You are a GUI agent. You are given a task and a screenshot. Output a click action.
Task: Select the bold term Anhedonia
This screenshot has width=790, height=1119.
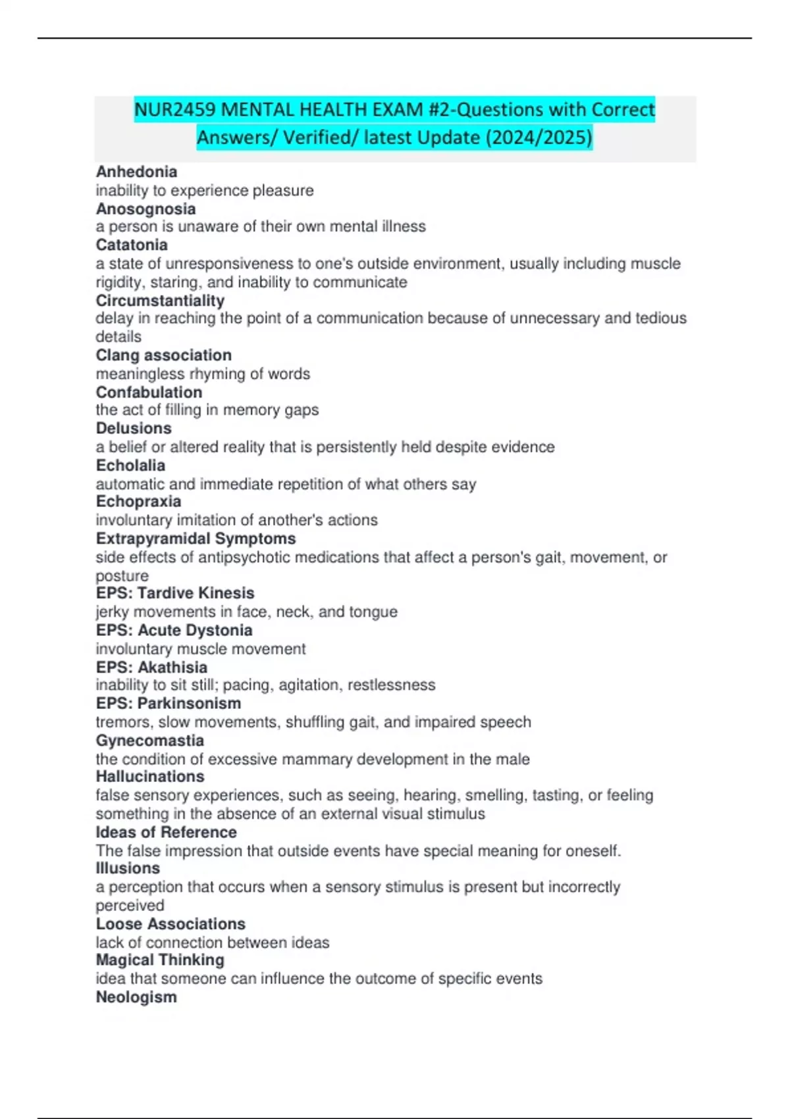click(136, 172)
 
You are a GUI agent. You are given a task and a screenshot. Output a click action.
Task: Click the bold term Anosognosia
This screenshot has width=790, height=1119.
click(145, 209)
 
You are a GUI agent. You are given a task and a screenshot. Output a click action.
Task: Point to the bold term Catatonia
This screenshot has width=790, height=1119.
click(132, 245)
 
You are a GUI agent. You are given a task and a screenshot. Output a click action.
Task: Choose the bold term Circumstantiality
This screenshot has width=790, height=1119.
click(160, 301)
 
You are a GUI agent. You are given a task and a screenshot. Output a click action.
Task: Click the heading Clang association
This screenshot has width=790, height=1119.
click(163, 355)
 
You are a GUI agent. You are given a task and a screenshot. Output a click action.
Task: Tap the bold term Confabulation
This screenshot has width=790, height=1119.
click(149, 392)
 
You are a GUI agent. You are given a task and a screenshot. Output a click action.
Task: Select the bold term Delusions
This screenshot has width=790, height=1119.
click(134, 429)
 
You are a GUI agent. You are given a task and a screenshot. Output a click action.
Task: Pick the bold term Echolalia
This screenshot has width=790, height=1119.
click(130, 465)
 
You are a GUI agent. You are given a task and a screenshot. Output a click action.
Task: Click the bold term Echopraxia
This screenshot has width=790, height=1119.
click(138, 502)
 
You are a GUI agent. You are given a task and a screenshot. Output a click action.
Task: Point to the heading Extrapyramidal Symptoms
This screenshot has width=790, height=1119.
click(196, 538)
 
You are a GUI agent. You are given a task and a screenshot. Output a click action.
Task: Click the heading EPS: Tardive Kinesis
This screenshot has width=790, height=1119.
click(175, 593)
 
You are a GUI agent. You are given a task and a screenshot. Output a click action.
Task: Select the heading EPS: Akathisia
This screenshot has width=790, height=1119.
click(151, 667)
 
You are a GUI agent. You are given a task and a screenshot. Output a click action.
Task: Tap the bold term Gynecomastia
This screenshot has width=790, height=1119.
click(149, 741)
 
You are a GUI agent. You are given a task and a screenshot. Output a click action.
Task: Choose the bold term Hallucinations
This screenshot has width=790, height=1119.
click(150, 777)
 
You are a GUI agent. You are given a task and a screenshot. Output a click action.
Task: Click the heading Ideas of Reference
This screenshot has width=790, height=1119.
click(166, 832)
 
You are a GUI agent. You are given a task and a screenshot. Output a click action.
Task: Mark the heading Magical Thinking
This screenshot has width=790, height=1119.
click(160, 960)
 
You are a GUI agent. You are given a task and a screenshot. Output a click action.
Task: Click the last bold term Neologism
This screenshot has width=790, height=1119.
click(136, 997)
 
